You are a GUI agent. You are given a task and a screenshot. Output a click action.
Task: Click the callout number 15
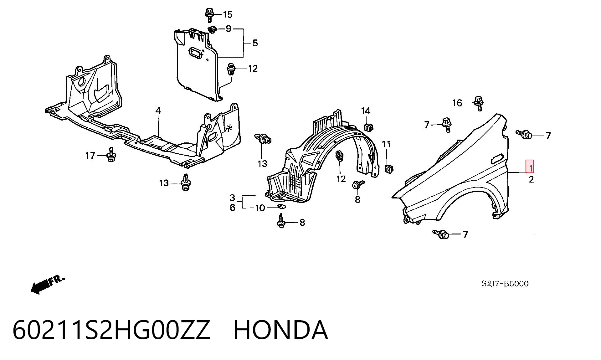pyautogui.click(x=228, y=14)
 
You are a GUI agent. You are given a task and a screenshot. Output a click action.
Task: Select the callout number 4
pyautogui.click(x=158, y=111)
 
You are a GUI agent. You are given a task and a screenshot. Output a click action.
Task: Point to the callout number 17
pyautogui.click(x=90, y=155)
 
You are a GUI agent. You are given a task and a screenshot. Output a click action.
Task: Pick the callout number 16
pyautogui.click(x=457, y=103)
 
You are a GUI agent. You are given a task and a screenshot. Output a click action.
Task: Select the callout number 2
pyautogui.click(x=531, y=180)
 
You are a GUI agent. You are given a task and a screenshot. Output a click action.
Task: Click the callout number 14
pyautogui.click(x=366, y=111)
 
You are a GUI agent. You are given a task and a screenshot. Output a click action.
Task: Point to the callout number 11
pyautogui.click(x=386, y=144)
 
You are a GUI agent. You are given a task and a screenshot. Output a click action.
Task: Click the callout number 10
pyautogui.click(x=260, y=208)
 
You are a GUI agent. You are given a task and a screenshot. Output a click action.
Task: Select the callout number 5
pyautogui.click(x=255, y=43)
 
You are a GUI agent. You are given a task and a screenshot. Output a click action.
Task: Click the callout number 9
pyautogui.click(x=229, y=29)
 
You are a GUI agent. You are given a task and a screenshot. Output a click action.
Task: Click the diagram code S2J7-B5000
pyautogui.click(x=505, y=284)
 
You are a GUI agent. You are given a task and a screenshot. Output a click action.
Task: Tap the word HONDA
pyautogui.click(x=281, y=330)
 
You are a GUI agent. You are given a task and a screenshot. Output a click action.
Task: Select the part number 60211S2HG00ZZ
pyautogui.click(x=111, y=330)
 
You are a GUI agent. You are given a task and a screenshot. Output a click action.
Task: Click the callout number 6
pyautogui.click(x=232, y=208)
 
